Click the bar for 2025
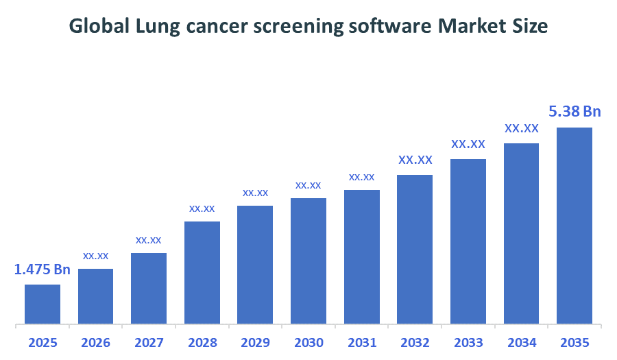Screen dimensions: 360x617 pyautogui.click(x=43, y=304)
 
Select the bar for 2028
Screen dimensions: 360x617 pyautogui.click(x=202, y=272)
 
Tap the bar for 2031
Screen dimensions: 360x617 pyautogui.click(x=361, y=256)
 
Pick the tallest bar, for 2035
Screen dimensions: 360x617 pyautogui.click(x=574, y=226)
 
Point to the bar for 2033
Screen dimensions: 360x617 pyautogui.click(x=468, y=241)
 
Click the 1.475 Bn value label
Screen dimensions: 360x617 pyautogui.click(x=43, y=269)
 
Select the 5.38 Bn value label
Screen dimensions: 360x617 pyautogui.click(x=574, y=111)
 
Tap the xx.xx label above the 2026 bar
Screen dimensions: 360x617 pyautogui.click(x=95, y=256)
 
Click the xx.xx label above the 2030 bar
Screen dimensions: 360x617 pyautogui.click(x=308, y=185)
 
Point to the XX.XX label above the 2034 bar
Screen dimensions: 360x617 pyautogui.click(x=522, y=128)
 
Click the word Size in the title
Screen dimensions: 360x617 pyautogui.click(x=532, y=27)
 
